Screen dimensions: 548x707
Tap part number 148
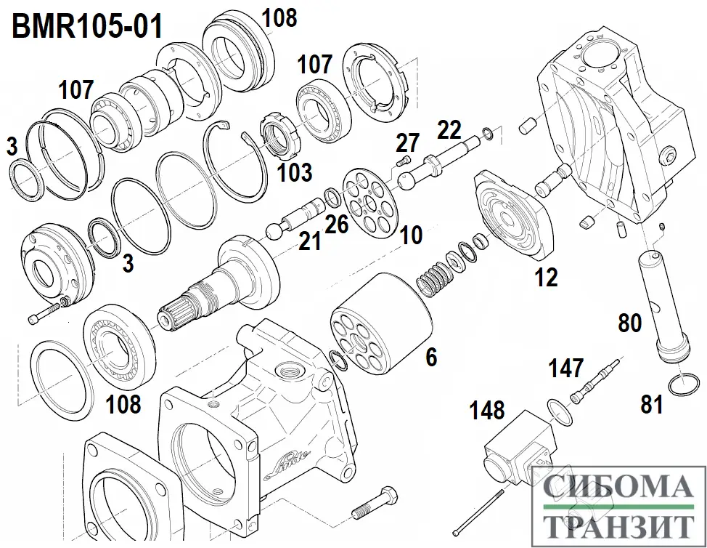487,410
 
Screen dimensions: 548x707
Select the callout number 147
565,368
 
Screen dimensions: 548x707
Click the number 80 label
630,323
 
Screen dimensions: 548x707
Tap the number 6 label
431,357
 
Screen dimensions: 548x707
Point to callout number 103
295,172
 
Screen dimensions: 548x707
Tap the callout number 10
410,235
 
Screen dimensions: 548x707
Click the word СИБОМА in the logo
618,489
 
